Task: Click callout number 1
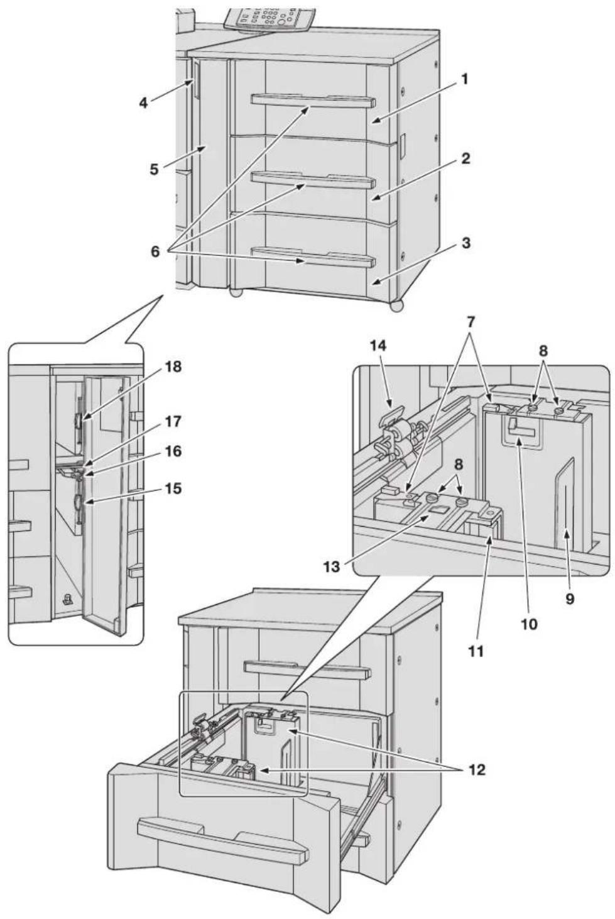tap(464, 79)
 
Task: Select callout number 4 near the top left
tap(143, 102)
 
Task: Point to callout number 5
tap(154, 170)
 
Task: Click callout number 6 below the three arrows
tap(155, 251)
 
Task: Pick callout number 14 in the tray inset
tap(378, 347)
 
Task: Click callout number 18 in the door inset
tap(173, 366)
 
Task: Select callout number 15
tap(173, 489)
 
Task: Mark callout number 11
tap(476, 651)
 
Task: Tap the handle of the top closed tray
tap(313, 101)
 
